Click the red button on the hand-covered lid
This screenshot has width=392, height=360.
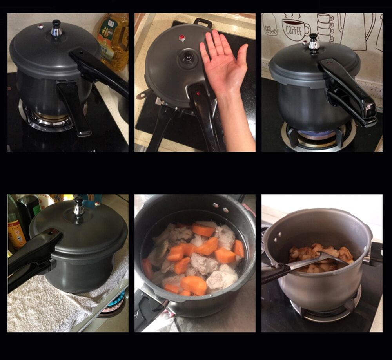click(x=182, y=38)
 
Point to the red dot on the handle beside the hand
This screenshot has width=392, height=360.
click(x=198, y=94)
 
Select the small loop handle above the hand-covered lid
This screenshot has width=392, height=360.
click(x=203, y=23)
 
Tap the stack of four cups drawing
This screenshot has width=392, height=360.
click(x=325, y=27)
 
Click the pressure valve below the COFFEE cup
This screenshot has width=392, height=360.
click(x=313, y=42)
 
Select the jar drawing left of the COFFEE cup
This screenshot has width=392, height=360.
click(x=270, y=26)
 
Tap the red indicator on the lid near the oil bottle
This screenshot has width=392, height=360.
click(x=40, y=27)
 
